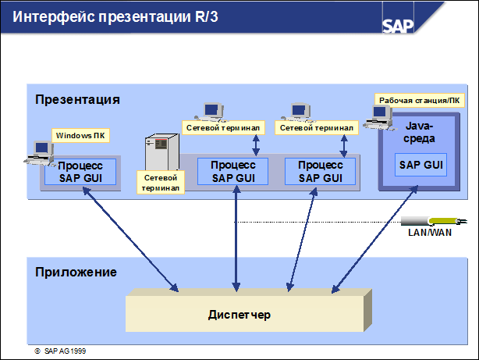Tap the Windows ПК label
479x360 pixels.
point(80,136)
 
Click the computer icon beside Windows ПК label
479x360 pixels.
point(37,151)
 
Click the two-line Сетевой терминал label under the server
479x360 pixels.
point(160,183)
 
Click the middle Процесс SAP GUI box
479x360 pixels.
point(232,171)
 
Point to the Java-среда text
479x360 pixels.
point(420,132)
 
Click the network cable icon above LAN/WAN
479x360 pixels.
point(425,221)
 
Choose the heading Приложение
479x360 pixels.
point(76,272)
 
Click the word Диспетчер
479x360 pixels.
point(239,314)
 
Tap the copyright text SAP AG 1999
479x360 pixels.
point(65,352)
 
